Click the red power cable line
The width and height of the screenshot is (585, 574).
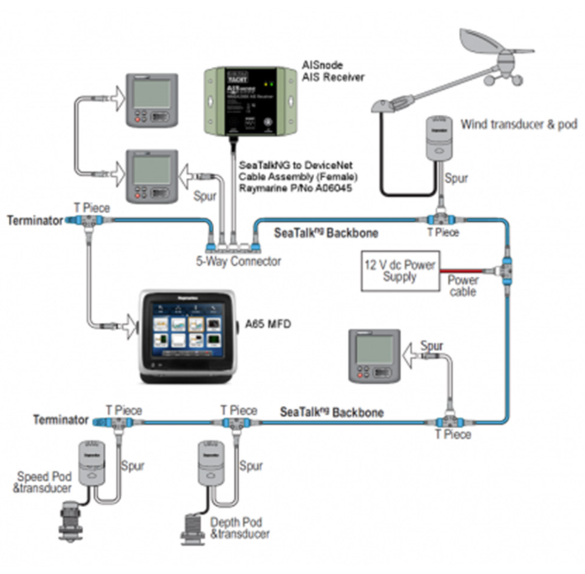pos(470,271)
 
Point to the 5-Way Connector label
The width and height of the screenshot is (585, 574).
pos(238,261)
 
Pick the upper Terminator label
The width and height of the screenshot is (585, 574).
pos(34,220)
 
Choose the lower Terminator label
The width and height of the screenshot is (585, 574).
pos(61,420)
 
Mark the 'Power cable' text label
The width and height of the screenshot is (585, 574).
pos(462,286)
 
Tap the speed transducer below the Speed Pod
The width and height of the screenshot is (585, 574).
pos(71,521)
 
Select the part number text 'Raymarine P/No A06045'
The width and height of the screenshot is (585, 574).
pos(295,190)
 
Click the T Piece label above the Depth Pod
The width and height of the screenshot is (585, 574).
pos(238,410)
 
